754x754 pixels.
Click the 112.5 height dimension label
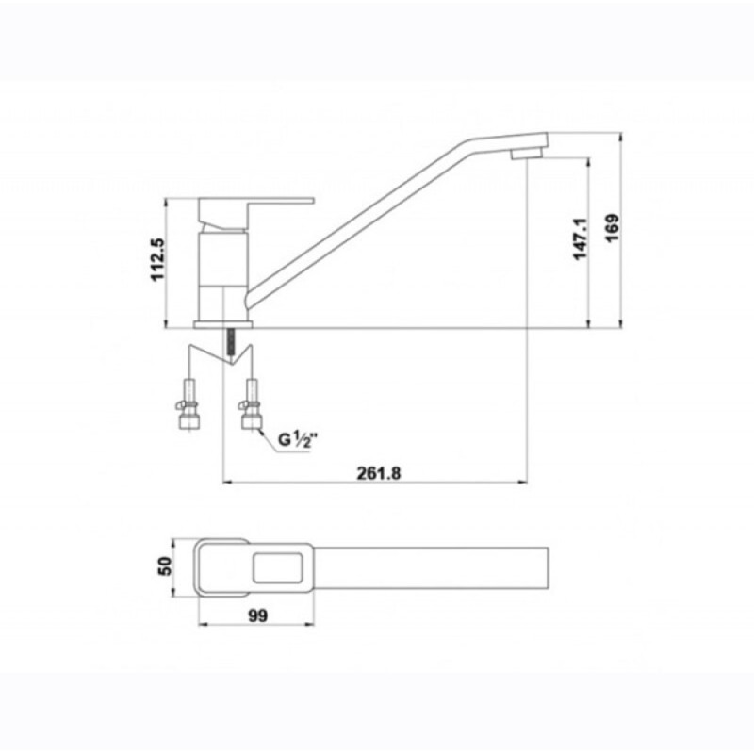157,259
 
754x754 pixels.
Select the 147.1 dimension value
580,239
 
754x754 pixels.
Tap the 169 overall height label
612,228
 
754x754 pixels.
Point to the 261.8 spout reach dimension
379,474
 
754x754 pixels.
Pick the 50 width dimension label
164,566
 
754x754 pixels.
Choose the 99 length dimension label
257,615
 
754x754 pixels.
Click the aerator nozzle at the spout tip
526,153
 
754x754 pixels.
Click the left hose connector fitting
186,404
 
